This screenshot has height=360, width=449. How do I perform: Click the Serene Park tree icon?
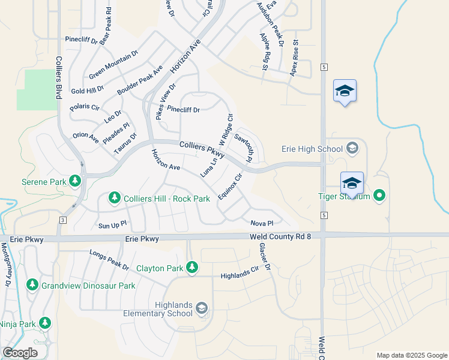tap(74, 180)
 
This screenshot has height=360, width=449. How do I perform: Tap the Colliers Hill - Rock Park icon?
tap(114, 197)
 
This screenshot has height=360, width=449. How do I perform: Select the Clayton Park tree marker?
tap(192, 267)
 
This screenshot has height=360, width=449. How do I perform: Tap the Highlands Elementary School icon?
tap(202, 308)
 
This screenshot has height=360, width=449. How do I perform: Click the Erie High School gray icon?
tap(352, 148)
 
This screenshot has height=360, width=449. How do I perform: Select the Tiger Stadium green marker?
tap(379, 196)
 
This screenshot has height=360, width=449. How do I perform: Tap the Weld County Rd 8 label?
tap(281, 238)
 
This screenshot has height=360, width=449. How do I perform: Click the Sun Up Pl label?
tap(112, 226)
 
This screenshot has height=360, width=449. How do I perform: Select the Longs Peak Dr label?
tap(109, 259)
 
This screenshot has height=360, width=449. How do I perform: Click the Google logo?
tap(20, 353)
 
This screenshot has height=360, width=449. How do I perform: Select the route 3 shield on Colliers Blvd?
tap(62, 220)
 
